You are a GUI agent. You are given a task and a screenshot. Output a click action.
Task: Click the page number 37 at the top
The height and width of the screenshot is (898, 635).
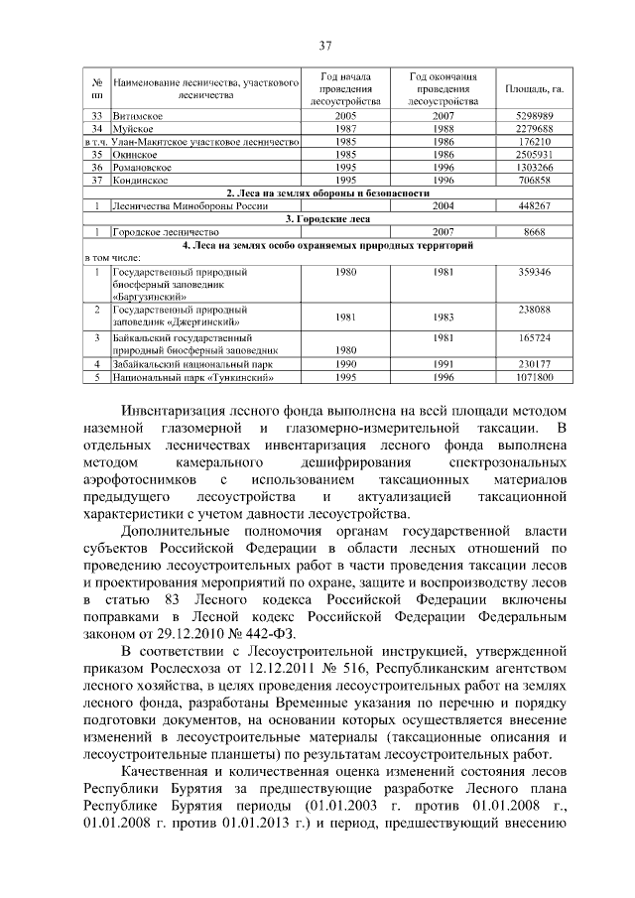324,45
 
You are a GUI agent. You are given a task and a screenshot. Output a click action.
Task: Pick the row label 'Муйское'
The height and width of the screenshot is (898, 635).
134,130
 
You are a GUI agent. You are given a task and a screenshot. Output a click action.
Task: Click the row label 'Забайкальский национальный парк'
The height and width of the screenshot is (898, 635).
190,365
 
